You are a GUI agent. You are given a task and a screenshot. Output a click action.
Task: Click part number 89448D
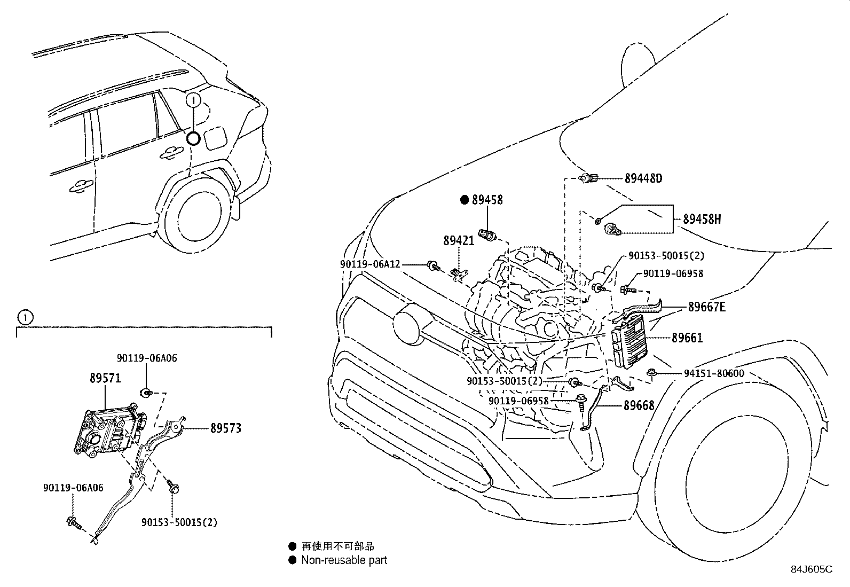click(x=643, y=178)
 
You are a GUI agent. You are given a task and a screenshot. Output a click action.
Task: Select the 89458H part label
click(x=702, y=219)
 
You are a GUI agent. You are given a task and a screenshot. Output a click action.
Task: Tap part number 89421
click(x=459, y=241)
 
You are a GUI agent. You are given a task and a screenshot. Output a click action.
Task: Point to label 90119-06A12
click(x=370, y=264)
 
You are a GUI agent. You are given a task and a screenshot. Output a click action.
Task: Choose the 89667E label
click(x=706, y=307)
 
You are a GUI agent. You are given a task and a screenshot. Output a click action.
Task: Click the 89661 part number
click(x=687, y=338)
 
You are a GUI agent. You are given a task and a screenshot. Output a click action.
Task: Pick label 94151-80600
click(x=714, y=374)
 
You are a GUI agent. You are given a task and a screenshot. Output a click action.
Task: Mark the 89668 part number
click(x=639, y=406)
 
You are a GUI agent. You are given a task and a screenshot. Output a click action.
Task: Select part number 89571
click(x=105, y=378)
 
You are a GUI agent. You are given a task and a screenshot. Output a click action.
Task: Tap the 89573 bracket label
click(x=225, y=428)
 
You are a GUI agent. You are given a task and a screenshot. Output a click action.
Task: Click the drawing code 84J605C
click(x=812, y=569)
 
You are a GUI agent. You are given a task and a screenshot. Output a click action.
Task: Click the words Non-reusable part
click(x=344, y=560)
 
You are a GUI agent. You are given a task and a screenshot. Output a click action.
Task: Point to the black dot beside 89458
click(x=464, y=200)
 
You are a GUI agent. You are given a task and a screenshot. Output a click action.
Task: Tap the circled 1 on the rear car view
click(x=193, y=100)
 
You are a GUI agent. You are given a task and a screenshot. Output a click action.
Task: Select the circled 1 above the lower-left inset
click(x=25, y=317)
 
